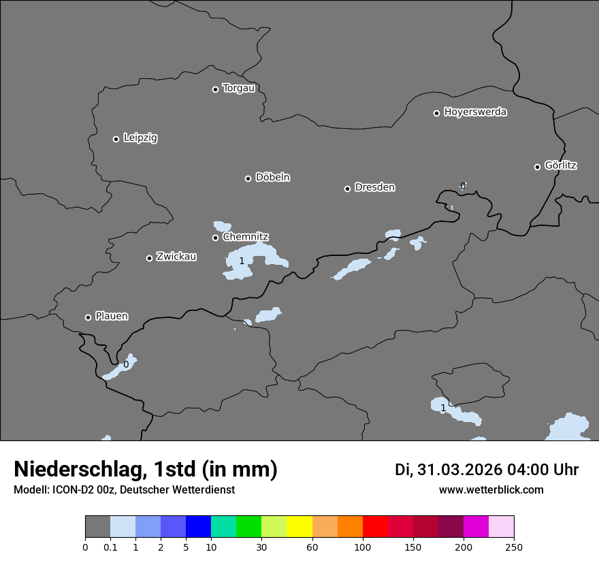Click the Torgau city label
coord(238,88)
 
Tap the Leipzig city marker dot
coord(116,139)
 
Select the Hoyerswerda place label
coord(475,112)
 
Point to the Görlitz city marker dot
coord(537,167)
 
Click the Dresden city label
coord(374,187)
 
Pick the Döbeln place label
coord(272,178)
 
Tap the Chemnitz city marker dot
coord(215,238)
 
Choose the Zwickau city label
coord(176,257)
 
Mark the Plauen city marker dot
coord(88,317)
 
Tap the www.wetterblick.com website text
coord(491,490)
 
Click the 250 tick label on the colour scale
coord(514,547)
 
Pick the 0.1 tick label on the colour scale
coord(110,547)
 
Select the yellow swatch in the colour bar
coord(299,527)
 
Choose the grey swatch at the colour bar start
coord(97,527)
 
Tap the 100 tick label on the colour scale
coord(363,547)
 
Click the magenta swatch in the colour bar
coord(476,527)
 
